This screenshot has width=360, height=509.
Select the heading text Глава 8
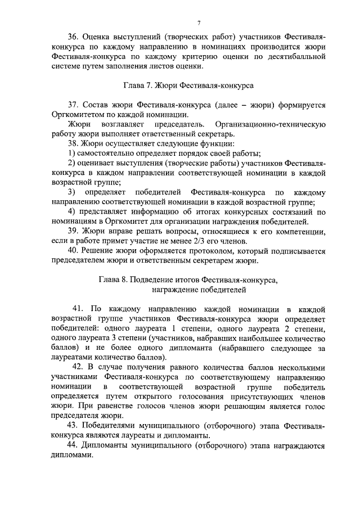114,279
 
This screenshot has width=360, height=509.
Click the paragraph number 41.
79,309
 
